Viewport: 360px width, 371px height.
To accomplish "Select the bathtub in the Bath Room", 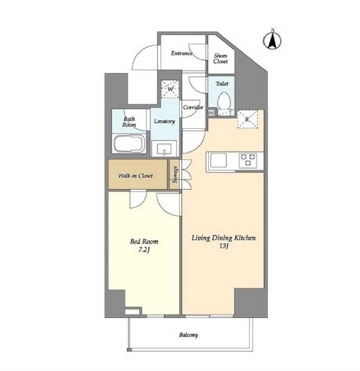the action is [129, 143].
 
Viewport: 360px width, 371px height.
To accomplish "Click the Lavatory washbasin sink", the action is [164, 148].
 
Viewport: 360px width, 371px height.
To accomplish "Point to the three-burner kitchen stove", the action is [248, 160].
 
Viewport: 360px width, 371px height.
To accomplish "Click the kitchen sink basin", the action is [219, 160].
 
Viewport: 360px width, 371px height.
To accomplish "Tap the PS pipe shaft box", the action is [211, 113].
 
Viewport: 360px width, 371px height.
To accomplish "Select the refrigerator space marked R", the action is [247, 119].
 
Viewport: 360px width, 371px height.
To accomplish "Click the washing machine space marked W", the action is [170, 89].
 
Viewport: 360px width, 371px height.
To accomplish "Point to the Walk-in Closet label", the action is [135, 176].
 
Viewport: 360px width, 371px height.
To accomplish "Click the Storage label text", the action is [175, 175].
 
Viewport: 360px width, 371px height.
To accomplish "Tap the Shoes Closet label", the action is [221, 58].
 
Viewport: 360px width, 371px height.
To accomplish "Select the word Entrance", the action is [182, 54].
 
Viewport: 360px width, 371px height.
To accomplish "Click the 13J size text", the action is [224, 246].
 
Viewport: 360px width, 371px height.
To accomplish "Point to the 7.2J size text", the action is [144, 250].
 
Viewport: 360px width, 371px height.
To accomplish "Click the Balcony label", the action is [188, 335].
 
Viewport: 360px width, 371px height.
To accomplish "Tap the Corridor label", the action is [193, 107].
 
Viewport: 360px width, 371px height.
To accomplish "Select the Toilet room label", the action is [222, 83].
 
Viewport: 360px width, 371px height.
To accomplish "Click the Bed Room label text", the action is [144, 241].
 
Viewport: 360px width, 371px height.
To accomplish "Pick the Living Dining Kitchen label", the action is [224, 238].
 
